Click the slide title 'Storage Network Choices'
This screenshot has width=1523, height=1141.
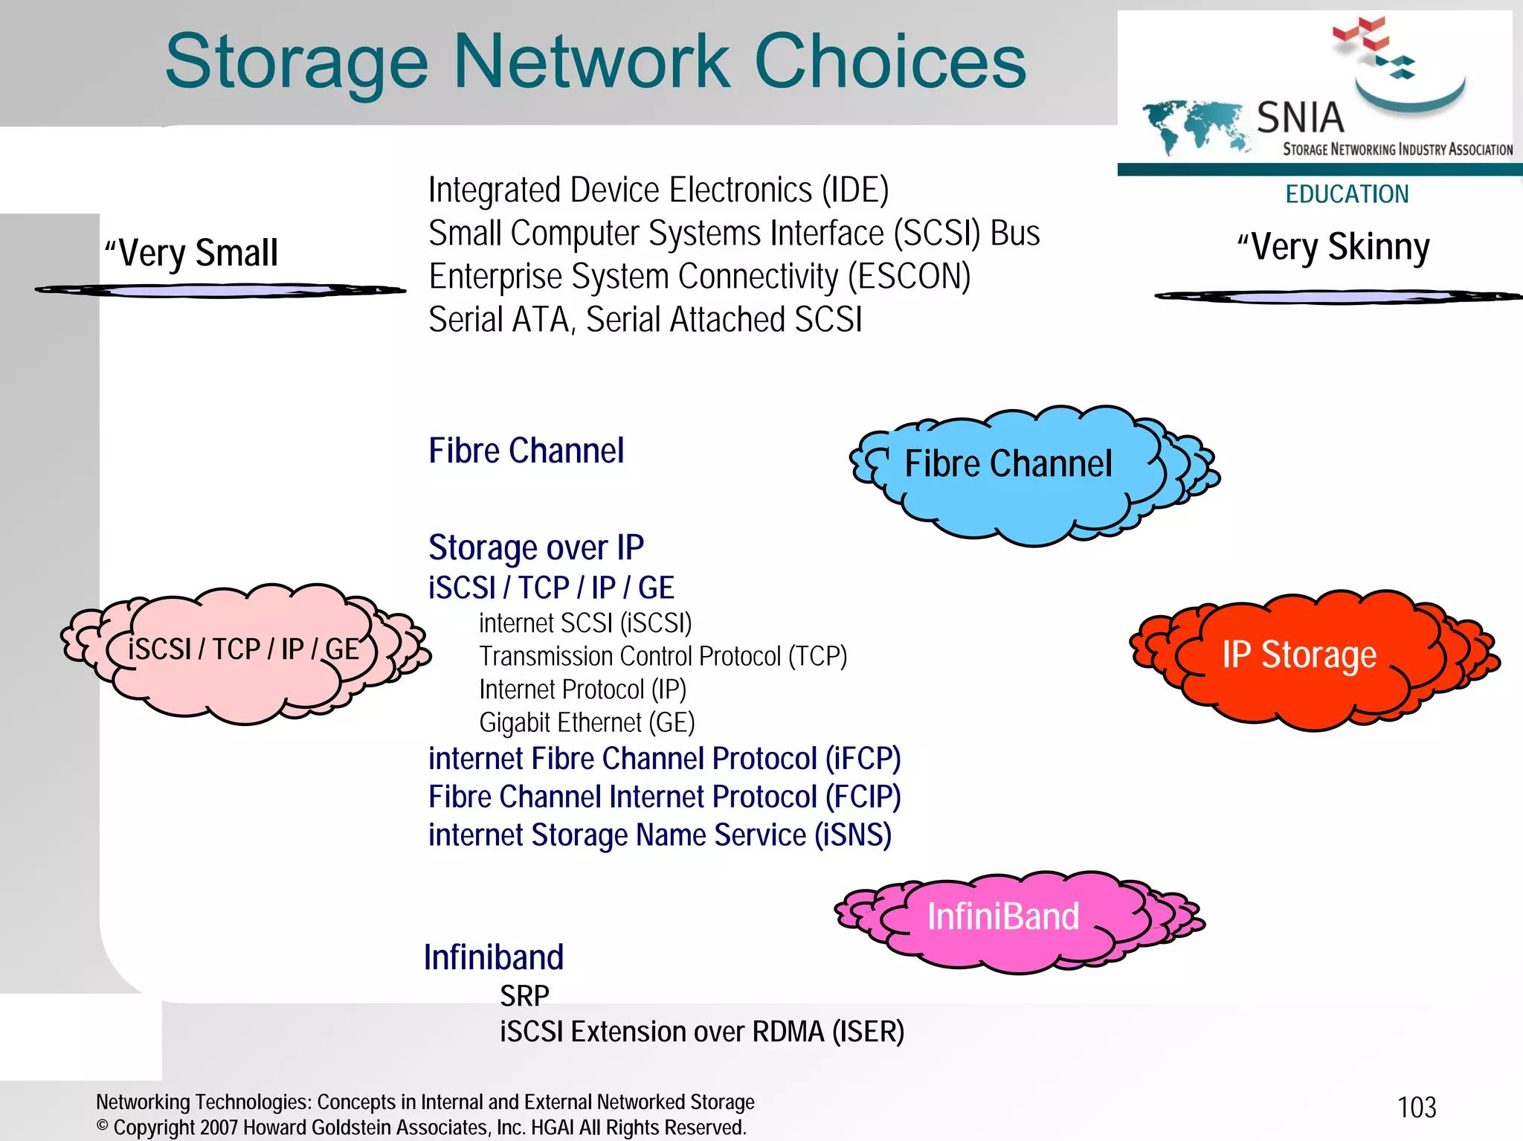595,61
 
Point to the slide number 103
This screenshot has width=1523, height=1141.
1417,1108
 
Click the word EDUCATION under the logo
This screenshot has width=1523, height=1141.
1347,194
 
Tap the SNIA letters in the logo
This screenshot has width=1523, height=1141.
1301,118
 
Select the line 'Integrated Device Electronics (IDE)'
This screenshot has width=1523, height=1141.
658,190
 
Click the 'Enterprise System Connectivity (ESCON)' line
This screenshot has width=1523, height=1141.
700,277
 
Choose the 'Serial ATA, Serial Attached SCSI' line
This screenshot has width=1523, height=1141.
645,320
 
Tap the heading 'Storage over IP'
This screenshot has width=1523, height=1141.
535,547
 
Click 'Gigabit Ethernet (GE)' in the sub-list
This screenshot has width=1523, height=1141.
587,722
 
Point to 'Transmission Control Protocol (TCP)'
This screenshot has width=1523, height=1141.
663,656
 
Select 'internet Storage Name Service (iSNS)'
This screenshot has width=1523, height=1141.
660,835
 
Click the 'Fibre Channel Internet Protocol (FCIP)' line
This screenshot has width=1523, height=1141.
664,797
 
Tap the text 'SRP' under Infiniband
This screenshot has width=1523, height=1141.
524,995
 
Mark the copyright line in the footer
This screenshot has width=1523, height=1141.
421,1128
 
